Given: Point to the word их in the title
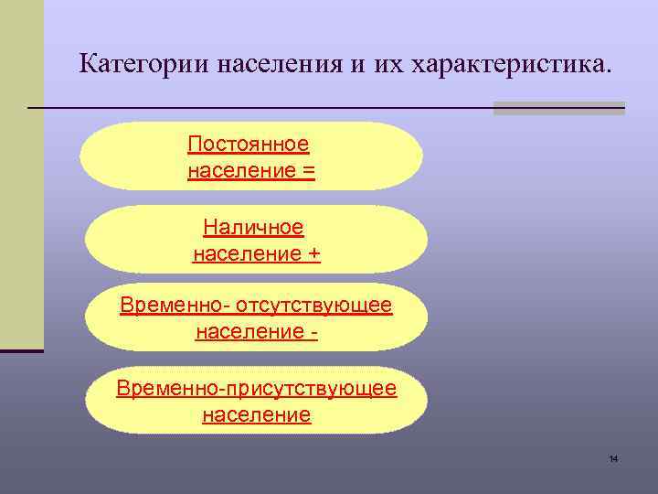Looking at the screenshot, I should tap(387, 65).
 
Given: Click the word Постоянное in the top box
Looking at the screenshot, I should tap(248, 145).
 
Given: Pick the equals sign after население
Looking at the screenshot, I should tap(308, 171).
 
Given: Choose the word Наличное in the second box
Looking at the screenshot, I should tap(253, 227).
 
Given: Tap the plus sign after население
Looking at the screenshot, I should tap(313, 254).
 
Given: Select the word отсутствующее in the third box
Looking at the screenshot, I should tap(318, 306).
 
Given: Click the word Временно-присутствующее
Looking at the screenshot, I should tap(257, 388).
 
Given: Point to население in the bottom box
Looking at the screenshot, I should tap(257, 415).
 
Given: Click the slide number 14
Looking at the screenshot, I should tap(613, 457).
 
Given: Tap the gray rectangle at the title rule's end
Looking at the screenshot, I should tap(558, 108).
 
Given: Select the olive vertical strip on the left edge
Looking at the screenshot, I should tap(21, 174).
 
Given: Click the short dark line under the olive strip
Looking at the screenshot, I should tap(21, 350).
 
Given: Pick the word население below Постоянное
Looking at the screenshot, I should tap(240, 171).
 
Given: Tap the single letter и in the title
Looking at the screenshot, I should tap(359, 65).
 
